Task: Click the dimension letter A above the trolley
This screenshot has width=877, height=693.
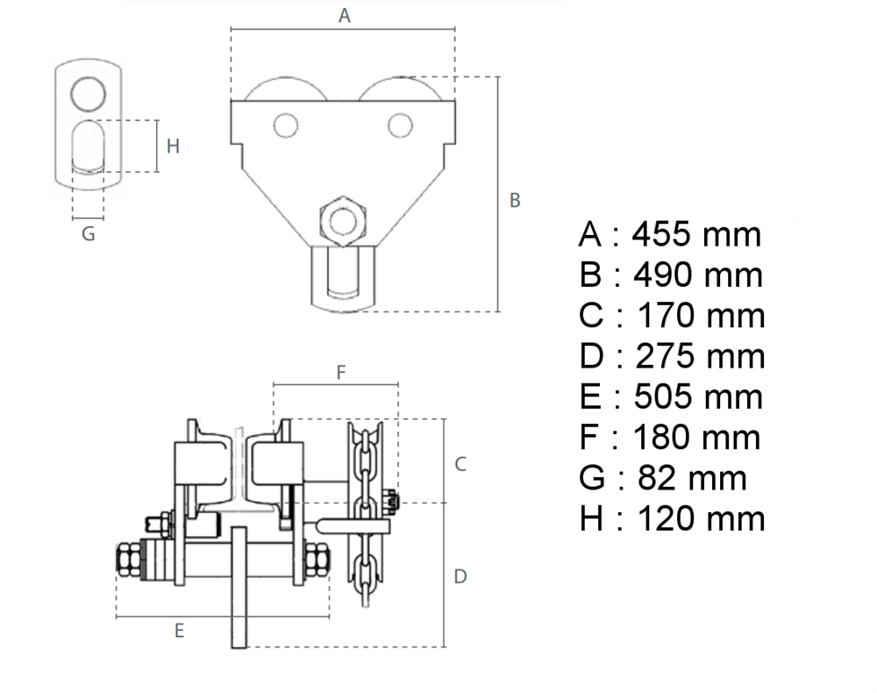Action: [345, 16]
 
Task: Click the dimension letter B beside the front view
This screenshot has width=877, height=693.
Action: [515, 200]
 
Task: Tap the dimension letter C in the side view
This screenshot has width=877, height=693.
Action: [460, 464]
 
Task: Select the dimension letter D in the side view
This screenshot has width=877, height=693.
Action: [460, 576]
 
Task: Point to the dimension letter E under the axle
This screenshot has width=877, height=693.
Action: [179, 631]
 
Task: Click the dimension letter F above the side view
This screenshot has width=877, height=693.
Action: [341, 372]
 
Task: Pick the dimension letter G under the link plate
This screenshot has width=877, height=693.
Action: [89, 234]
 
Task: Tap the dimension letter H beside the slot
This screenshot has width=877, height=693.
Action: [173, 146]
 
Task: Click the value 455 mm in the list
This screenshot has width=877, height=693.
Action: [696, 234]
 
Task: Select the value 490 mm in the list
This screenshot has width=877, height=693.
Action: [698, 275]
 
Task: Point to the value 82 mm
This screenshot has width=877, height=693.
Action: [693, 478]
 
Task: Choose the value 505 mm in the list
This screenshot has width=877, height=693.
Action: [698, 397]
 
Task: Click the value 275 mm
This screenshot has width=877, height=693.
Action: [700, 356]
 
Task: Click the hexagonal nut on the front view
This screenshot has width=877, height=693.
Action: [343, 221]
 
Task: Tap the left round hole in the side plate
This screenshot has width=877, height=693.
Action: [286, 125]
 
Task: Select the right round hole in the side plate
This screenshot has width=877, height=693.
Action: [400, 125]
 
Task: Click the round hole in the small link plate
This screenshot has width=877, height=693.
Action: [89, 93]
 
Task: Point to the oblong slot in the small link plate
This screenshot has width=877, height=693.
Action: [89, 146]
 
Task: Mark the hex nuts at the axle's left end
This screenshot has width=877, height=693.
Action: [130, 559]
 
